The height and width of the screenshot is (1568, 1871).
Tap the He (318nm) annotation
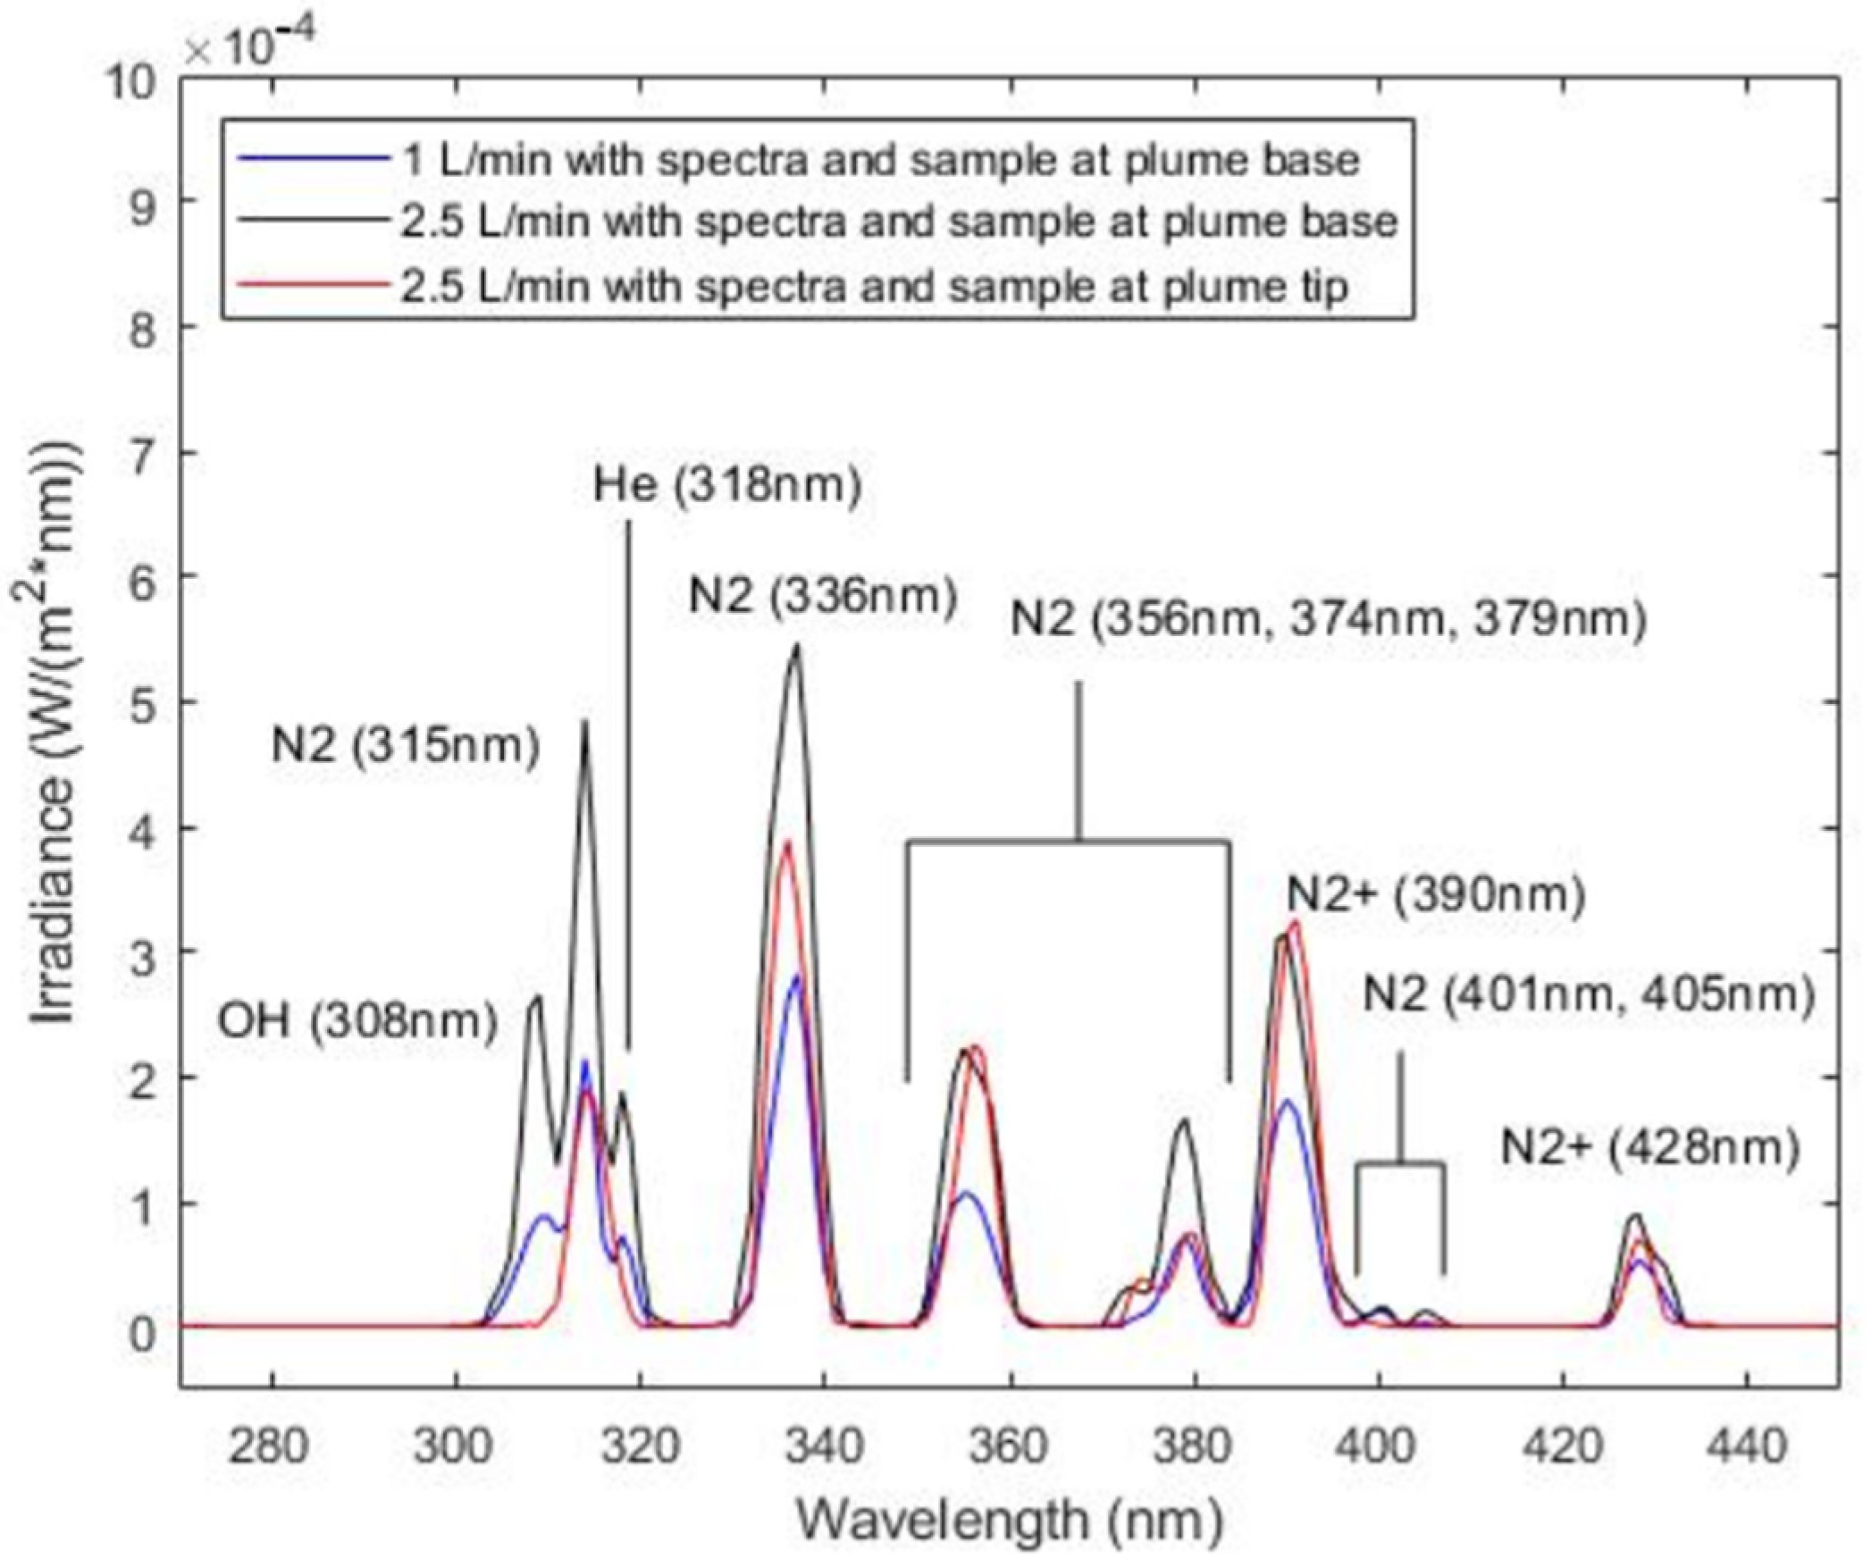727,486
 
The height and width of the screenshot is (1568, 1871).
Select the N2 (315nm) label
406,746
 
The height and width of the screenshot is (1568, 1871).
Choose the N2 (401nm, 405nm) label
1589,995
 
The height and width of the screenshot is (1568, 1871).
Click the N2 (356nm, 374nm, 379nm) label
1328,619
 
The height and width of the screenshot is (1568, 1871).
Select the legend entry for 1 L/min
879,161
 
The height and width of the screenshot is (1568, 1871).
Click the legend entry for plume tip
874,287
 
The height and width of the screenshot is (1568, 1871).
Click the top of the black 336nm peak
796,645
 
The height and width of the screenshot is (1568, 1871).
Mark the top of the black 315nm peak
585,722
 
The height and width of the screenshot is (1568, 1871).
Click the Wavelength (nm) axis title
1008,1519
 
